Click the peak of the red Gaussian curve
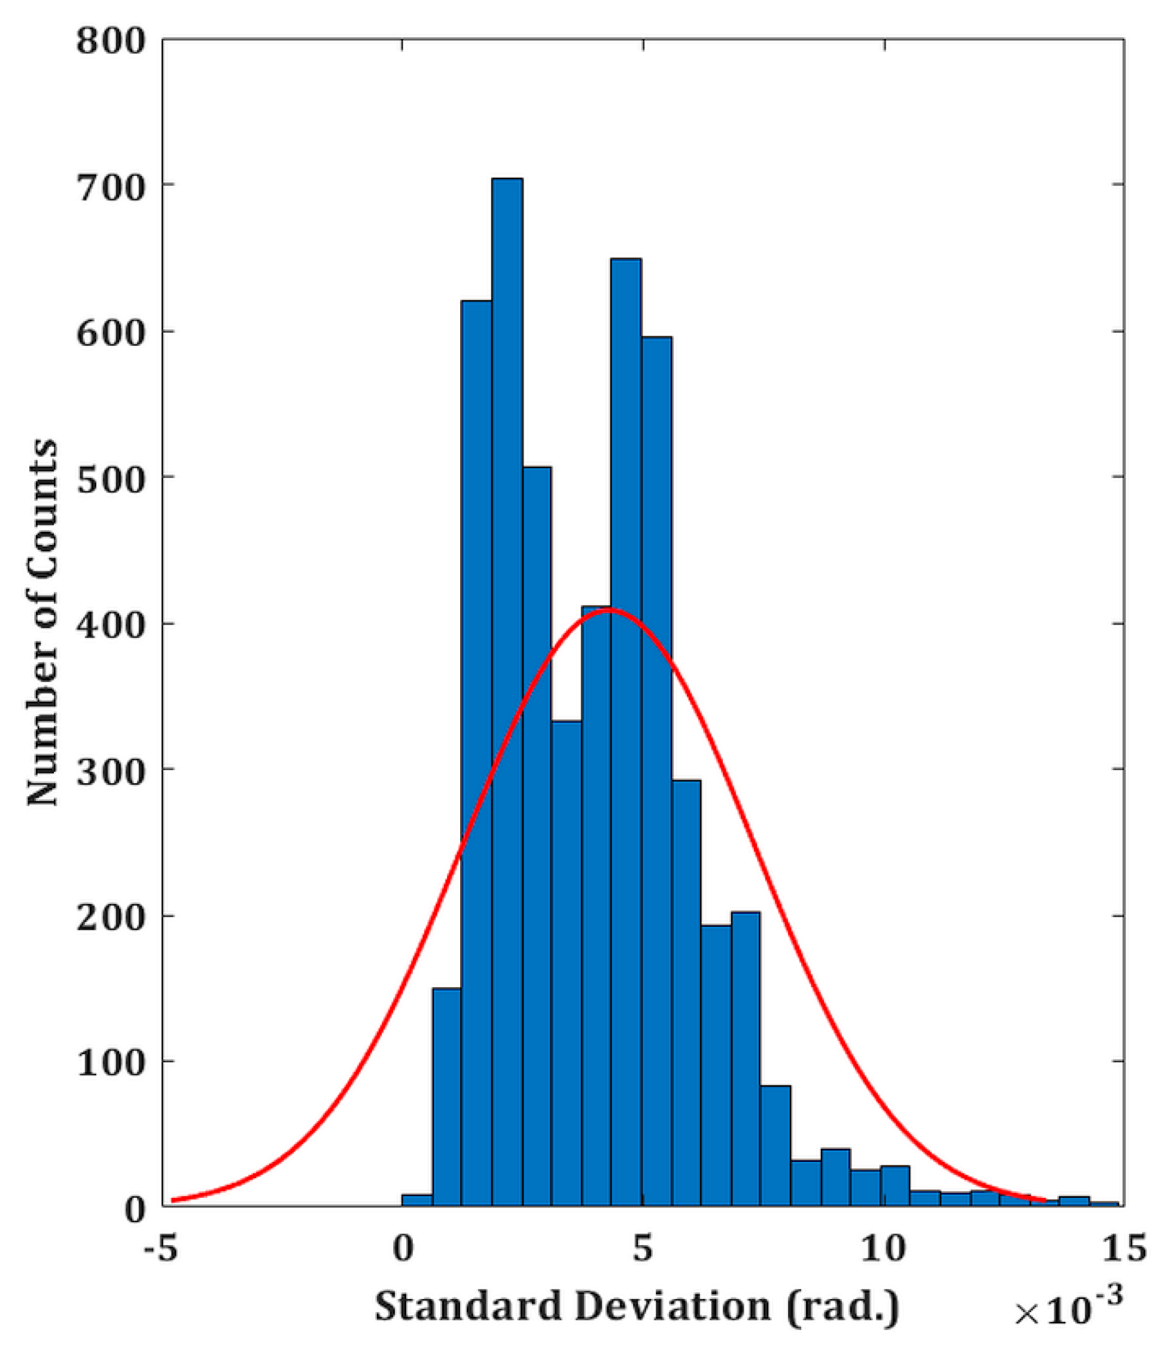pyautogui.click(x=609, y=610)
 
